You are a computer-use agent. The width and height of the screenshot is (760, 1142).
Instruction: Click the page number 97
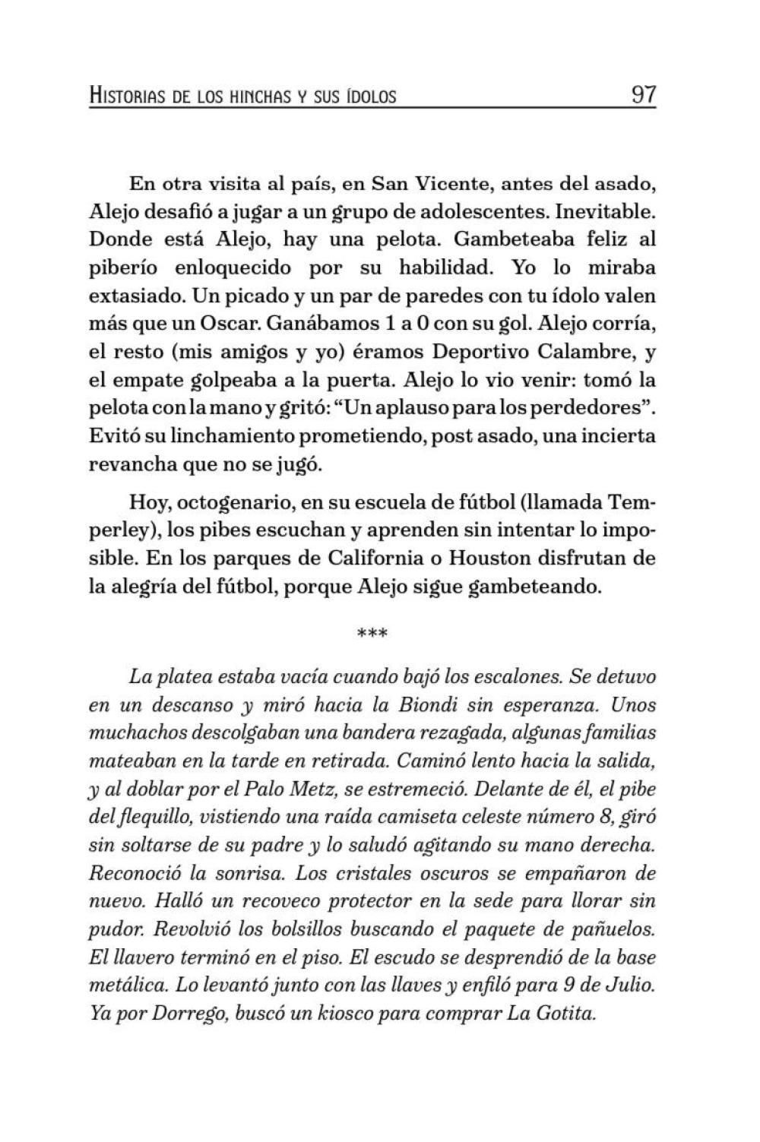[x=643, y=96]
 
